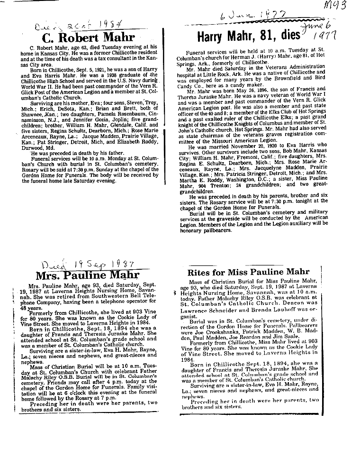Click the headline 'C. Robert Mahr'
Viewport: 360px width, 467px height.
tap(88, 37)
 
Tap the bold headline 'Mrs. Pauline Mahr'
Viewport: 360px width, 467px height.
tap(88, 275)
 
